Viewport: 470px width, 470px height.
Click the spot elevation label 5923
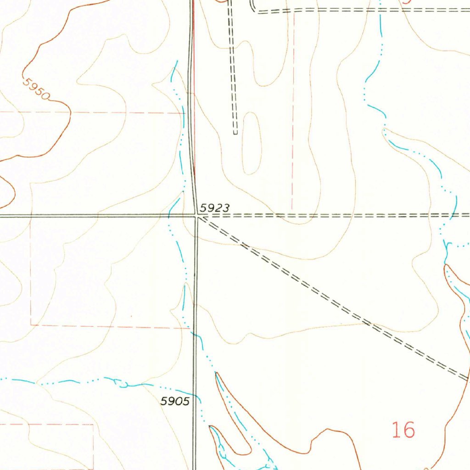tap(215, 208)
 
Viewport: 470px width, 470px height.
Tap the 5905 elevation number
tap(175, 402)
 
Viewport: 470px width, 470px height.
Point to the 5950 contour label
tap(37, 89)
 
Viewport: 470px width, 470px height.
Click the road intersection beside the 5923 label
tap(196, 215)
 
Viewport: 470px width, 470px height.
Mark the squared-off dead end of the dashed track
tap(235, 133)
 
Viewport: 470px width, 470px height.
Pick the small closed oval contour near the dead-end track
tap(252, 143)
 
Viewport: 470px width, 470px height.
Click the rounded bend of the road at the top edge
tap(253, 9)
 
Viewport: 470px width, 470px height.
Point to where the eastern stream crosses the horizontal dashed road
tap(452, 215)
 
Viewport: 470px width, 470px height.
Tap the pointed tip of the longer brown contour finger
tap(216, 374)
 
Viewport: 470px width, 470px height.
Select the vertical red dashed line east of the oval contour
tap(293, 138)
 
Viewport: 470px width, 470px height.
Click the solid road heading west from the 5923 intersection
tap(92, 215)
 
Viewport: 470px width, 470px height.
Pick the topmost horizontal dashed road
tap(367, 9)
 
